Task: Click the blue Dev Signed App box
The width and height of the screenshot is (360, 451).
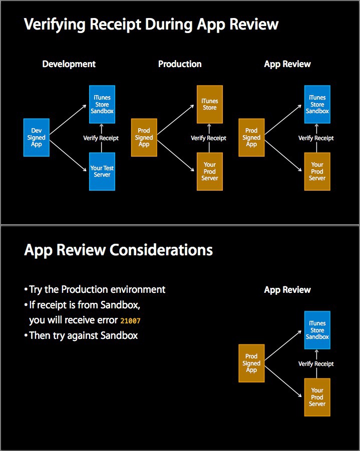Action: (x=36, y=138)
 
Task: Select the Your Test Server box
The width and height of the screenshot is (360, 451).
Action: (x=102, y=171)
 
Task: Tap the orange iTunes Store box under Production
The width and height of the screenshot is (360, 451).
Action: (x=209, y=104)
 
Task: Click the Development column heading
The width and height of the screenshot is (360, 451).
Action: (x=69, y=64)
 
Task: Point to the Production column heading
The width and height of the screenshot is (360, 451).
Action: (x=180, y=64)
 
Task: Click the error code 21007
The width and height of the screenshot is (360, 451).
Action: (x=130, y=321)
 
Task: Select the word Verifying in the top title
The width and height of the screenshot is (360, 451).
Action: (x=55, y=25)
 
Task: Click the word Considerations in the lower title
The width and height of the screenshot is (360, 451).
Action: (x=161, y=250)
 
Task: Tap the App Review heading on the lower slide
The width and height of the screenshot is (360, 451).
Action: (x=287, y=290)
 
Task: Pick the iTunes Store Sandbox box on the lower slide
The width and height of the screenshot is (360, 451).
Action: (x=317, y=330)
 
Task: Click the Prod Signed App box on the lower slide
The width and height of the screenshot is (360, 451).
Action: (x=251, y=363)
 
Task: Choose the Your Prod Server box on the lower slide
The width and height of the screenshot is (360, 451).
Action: (x=317, y=397)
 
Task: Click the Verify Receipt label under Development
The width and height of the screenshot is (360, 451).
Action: (x=101, y=138)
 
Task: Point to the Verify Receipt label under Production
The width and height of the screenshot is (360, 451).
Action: (x=208, y=138)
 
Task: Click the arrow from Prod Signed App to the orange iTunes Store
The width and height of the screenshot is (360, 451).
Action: (x=176, y=120)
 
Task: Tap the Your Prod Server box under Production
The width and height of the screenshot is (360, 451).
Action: (x=209, y=171)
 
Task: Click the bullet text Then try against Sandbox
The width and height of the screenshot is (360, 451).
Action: (x=84, y=336)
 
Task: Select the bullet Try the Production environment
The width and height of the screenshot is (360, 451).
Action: (x=97, y=289)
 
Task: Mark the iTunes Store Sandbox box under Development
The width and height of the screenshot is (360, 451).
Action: (x=102, y=104)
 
